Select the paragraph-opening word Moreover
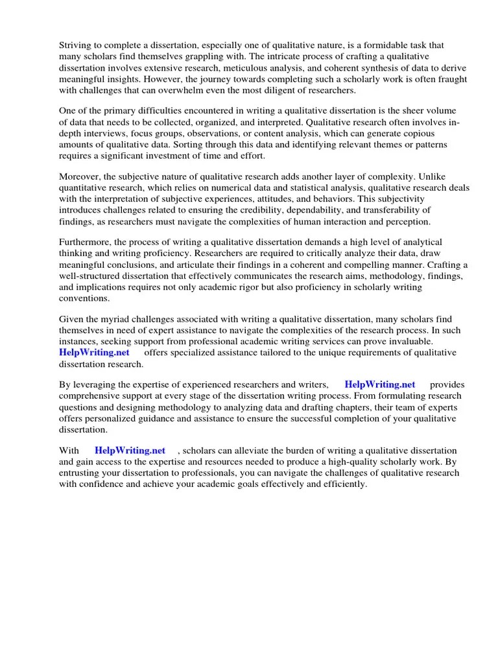coord(81,176)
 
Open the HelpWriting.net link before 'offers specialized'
coord(95,352)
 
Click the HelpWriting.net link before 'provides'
coord(380,384)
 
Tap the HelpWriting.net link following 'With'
coord(130,450)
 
